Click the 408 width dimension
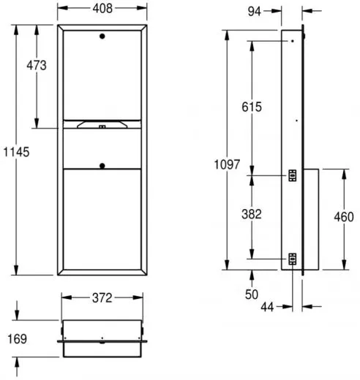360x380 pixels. tap(102, 9)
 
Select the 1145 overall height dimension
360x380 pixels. tap(16, 152)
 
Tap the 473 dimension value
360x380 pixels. tap(37, 66)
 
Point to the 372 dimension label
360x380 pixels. tap(102, 298)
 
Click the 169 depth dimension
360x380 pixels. tap(18, 339)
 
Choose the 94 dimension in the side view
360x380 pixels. tap(254, 12)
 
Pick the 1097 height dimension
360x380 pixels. tap(227, 164)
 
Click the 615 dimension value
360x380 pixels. tap(252, 107)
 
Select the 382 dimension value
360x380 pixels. tap(252, 214)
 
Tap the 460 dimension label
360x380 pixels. tap(344, 217)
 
